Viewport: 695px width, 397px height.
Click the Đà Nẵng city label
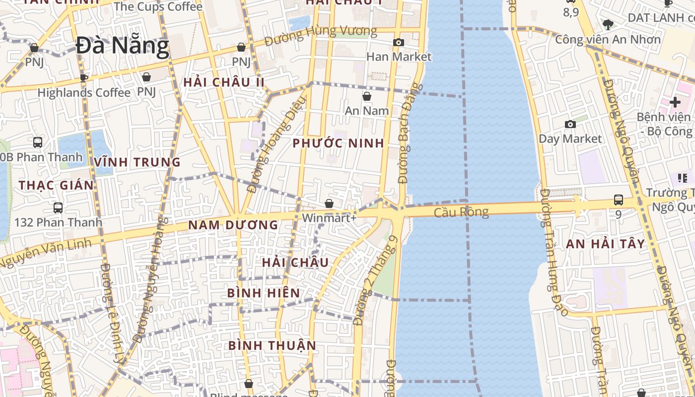pyautogui.click(x=123, y=46)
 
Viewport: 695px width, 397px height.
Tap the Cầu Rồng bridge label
pyautogui.click(x=461, y=212)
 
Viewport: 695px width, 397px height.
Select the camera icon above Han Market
pyautogui.click(x=398, y=43)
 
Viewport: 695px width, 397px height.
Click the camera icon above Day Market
pyautogui.click(x=570, y=124)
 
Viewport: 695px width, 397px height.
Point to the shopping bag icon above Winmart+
pyautogui.click(x=329, y=203)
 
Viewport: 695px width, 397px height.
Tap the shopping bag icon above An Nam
pyautogui.click(x=367, y=96)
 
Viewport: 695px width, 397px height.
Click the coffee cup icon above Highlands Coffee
pyautogui.click(x=84, y=78)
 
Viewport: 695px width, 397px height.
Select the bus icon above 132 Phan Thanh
pyautogui.click(x=58, y=207)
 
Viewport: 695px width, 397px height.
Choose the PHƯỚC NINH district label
pyautogui.click(x=338, y=143)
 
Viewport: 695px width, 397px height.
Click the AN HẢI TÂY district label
pyautogui.click(x=606, y=244)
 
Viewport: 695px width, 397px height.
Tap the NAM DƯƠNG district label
pyautogui.click(x=233, y=225)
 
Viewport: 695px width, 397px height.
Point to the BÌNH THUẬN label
pyautogui.click(x=272, y=345)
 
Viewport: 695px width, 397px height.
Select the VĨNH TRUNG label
pyautogui.click(x=137, y=162)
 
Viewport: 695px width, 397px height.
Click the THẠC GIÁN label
pyautogui.click(x=56, y=186)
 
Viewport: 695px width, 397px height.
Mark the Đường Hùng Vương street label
pyautogui.click(x=320, y=36)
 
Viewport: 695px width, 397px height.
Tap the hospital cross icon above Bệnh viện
pyautogui.click(x=675, y=102)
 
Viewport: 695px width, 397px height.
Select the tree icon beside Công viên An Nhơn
pyautogui.click(x=608, y=24)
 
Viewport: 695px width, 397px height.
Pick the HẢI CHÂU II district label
pyautogui.click(x=223, y=82)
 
